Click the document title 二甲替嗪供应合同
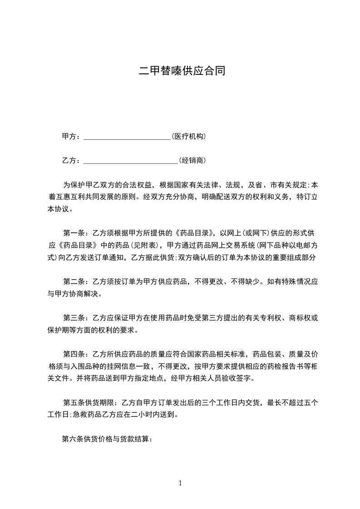tap(182, 71)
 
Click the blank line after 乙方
tap(131, 161)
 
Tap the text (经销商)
tap(193, 160)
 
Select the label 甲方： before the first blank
tap(72, 136)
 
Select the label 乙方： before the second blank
tap(72, 160)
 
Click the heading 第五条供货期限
tap(89, 402)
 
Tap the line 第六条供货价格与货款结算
tap(107, 439)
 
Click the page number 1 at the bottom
tap(180, 483)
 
